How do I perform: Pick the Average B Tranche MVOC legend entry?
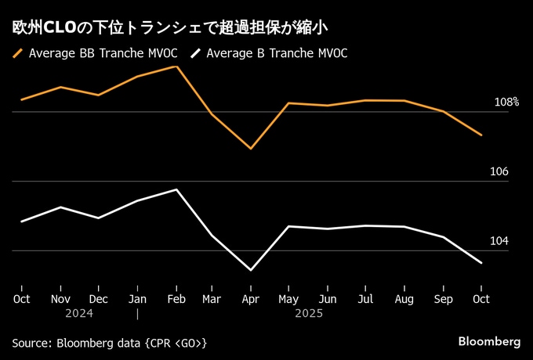click(x=277, y=54)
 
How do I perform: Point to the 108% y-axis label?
click(x=506, y=103)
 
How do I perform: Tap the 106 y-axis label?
click(x=499, y=172)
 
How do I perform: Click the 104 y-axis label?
click(x=499, y=241)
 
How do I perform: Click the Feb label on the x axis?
click(x=176, y=299)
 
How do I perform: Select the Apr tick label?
click(x=251, y=299)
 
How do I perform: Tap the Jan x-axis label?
click(x=137, y=299)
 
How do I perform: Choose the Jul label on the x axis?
click(x=365, y=299)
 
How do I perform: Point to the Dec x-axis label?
click(x=99, y=299)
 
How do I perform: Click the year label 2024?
click(x=80, y=314)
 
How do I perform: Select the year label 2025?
click(x=309, y=314)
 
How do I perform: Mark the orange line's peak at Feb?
click(x=176, y=67)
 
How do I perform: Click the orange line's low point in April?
click(x=251, y=148)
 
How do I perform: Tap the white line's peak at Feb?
click(x=177, y=189)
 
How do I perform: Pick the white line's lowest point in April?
click(x=251, y=270)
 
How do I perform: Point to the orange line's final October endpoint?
click(x=481, y=135)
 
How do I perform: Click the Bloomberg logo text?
click(x=488, y=342)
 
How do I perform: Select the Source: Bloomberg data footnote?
click(x=110, y=343)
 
